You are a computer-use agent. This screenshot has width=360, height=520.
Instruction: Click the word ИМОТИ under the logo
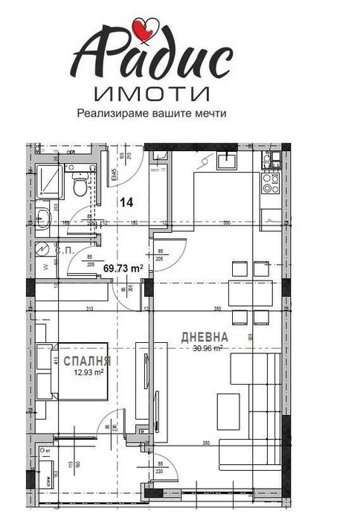(152, 94)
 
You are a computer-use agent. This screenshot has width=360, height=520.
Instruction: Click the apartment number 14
(127, 202)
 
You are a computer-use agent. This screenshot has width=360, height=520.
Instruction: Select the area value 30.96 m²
(208, 347)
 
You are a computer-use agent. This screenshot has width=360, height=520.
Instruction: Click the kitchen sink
(225, 159)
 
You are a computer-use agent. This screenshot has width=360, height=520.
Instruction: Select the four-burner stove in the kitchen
(271, 182)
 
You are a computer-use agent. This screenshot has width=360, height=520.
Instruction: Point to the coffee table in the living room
(227, 405)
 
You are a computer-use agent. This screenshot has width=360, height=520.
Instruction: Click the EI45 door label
(115, 176)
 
